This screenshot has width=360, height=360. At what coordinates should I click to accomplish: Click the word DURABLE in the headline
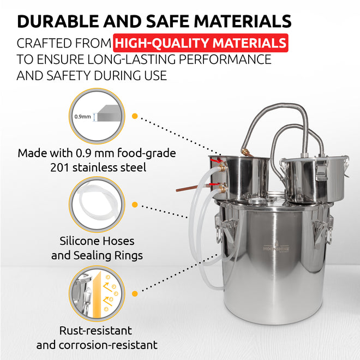pos(58,21)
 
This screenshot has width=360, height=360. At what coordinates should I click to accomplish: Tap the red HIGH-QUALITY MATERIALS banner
pos(200,43)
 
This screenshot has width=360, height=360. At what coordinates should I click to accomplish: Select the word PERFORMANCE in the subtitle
pos(225,59)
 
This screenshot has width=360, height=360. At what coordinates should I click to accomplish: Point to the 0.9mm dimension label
pos(82,117)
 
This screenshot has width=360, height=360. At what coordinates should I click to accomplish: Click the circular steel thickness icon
pos(97,116)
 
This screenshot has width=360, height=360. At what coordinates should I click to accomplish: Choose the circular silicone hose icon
pos(97,205)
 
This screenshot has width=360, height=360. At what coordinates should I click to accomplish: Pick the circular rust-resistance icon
pos(97,293)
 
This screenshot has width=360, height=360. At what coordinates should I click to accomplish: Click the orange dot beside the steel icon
pos(135,116)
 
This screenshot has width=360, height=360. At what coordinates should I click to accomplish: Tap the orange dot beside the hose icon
pos(135,205)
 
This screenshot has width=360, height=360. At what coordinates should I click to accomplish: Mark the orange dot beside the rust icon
pos(135,293)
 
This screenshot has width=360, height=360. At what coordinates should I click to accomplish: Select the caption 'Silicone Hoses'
pos(97,241)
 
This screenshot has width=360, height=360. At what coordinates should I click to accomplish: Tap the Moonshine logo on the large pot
pos(276,248)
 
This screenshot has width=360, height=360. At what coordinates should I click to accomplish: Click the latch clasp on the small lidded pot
pos(321,170)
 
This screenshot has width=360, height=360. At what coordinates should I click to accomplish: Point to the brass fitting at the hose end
pos(246,152)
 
